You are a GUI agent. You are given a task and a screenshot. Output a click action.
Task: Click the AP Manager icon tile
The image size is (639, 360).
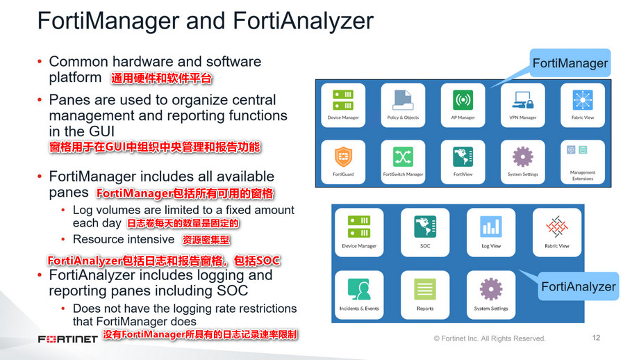(463, 106)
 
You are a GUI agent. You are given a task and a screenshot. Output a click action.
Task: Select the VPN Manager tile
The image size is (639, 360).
(522, 106)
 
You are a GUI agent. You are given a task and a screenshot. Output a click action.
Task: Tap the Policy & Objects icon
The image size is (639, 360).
(403, 106)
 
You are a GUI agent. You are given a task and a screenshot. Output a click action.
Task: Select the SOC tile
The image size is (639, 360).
(425, 231)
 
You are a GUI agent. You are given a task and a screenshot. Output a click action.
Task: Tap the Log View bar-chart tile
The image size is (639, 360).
(491, 231)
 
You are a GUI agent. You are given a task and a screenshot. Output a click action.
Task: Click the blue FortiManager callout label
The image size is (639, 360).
(570, 64)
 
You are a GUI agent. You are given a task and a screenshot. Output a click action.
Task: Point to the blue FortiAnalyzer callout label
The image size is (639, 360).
(578, 286)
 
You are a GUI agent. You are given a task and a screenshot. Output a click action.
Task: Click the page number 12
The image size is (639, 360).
(595, 338)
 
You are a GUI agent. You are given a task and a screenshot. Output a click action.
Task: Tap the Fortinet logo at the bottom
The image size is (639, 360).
(68, 339)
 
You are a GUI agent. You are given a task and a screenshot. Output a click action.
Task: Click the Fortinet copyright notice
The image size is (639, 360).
(489, 338)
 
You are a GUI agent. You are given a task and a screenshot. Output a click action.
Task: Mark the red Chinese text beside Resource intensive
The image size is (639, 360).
(206, 240)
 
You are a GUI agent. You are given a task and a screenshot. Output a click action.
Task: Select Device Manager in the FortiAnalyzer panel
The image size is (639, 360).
(359, 231)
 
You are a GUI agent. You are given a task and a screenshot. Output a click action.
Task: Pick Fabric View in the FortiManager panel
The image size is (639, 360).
(582, 106)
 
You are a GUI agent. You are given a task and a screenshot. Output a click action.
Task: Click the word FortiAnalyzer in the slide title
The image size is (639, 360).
(304, 21)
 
